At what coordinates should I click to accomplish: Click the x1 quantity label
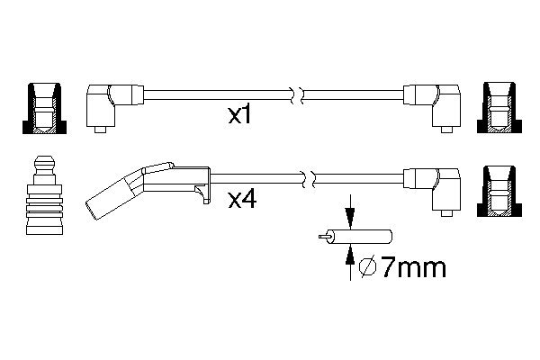(240, 115)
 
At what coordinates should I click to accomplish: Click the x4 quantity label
(242, 200)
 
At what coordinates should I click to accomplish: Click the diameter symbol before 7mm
(367, 267)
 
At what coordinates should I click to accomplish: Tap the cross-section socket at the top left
(44, 108)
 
